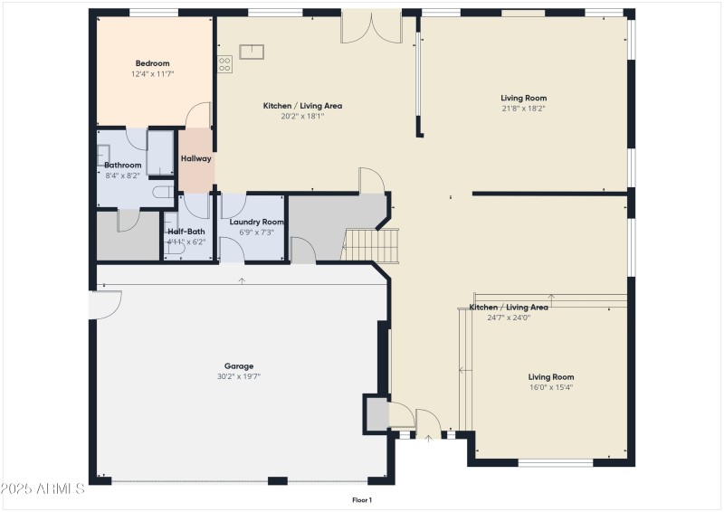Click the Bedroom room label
[x=152, y=63]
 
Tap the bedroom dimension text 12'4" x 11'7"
[x=152, y=74]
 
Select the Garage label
[x=239, y=366]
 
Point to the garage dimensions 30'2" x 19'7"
[x=239, y=376]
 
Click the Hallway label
[x=195, y=158]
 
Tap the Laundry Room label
[x=257, y=222]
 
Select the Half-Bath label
[x=186, y=232]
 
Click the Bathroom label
[x=122, y=165]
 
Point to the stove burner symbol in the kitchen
[x=224, y=64]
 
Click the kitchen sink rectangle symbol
[x=252, y=52]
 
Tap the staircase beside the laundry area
[x=370, y=246]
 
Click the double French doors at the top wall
[x=371, y=28]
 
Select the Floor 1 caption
[x=362, y=500]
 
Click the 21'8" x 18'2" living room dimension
[x=524, y=109]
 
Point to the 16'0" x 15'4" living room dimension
[x=551, y=387]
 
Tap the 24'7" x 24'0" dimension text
[x=509, y=318]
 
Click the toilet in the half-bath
[x=176, y=249]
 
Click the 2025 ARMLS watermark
[x=43, y=488]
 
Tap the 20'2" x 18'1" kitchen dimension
[x=302, y=117]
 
